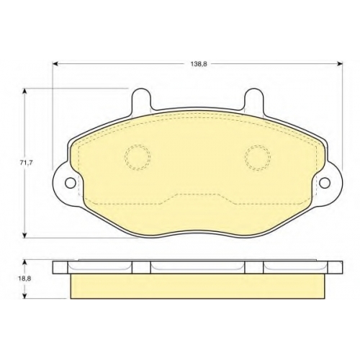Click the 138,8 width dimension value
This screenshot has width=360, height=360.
click(x=199, y=64)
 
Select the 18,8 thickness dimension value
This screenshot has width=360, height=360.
click(x=24, y=279)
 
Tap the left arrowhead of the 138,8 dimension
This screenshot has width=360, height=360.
click(x=55, y=63)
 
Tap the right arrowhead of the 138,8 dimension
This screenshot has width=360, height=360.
click(x=340, y=63)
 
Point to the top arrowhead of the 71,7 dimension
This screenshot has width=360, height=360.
click(x=24, y=91)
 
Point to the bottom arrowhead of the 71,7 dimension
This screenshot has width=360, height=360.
click(x=24, y=235)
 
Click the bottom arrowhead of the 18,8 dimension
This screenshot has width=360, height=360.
click(x=24, y=296)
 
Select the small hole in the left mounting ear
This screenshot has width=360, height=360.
click(x=70, y=183)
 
